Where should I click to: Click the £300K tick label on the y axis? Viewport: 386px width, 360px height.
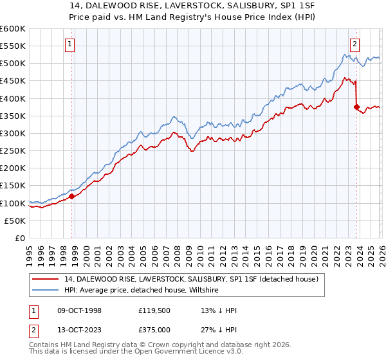[x=13, y=133]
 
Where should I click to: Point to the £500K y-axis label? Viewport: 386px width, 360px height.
[x=13, y=63]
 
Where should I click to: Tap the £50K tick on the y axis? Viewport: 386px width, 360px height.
[x=15, y=221]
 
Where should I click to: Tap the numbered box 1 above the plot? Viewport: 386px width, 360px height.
[x=70, y=44]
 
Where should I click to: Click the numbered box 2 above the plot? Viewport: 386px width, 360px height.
[x=354, y=44]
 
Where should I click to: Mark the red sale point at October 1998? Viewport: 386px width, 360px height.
[x=72, y=197]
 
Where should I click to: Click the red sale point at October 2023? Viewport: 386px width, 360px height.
[x=356, y=107]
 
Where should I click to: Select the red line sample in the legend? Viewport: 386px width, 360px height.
[x=45, y=279]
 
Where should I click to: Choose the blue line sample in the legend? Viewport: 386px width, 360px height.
[x=45, y=291]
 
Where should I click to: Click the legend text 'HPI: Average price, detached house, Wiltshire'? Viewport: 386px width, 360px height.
[x=142, y=291]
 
